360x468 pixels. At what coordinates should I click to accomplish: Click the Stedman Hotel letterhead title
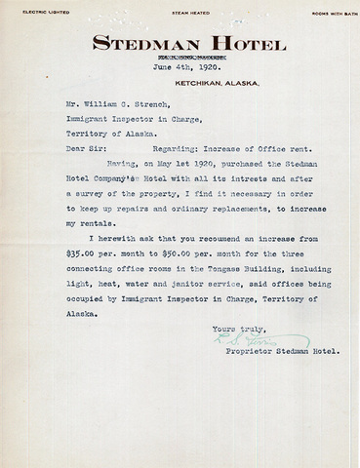189,44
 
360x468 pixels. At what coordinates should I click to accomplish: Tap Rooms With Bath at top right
325,13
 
